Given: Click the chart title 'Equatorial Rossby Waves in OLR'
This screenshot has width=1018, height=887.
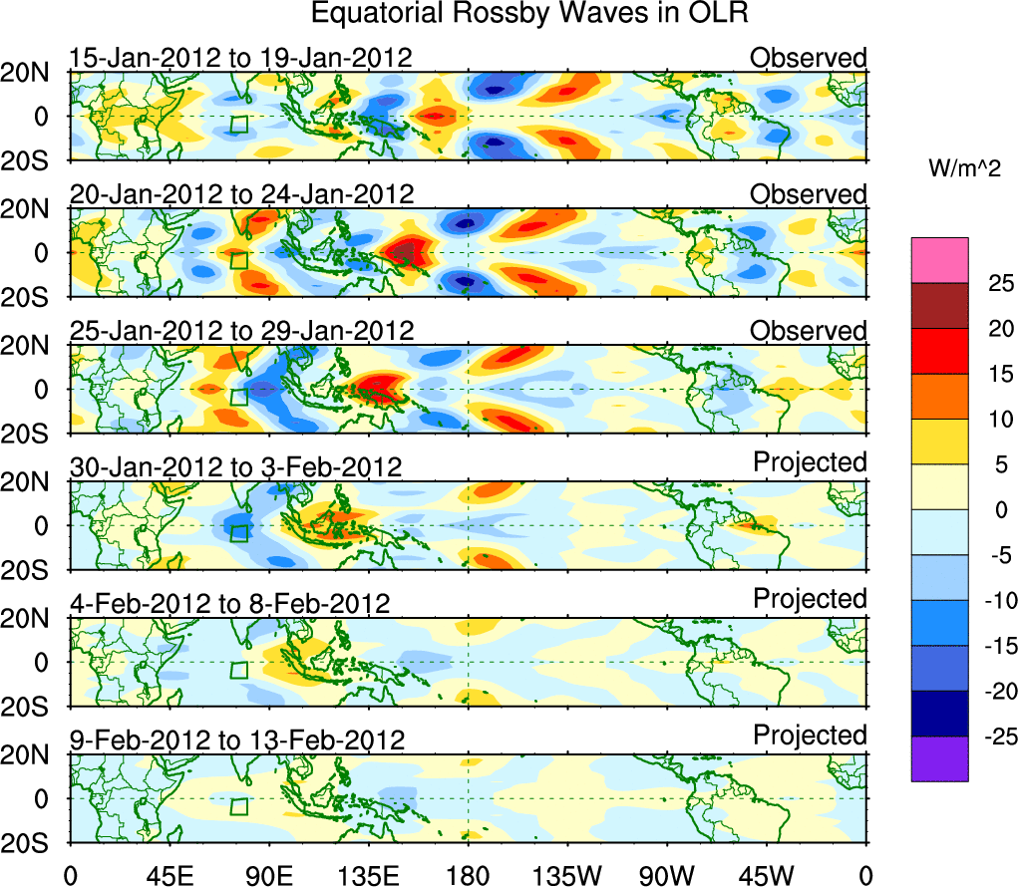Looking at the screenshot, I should [529, 15].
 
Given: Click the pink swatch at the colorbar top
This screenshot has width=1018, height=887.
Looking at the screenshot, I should [939, 260].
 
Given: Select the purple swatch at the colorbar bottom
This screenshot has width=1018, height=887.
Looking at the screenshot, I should [939, 758].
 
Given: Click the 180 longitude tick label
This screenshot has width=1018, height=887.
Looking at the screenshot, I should [467, 874].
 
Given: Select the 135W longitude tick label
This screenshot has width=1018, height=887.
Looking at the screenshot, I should [565, 874].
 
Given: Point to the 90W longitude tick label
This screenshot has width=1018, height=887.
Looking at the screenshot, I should [665, 874].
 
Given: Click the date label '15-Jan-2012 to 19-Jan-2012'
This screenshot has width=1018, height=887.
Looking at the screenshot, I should [240, 58].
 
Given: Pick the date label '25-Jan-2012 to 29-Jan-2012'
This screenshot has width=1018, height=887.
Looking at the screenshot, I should [240, 331].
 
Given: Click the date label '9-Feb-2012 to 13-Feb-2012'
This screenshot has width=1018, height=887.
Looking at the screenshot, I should [237, 740].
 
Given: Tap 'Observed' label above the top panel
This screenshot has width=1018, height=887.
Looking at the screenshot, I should [809, 58].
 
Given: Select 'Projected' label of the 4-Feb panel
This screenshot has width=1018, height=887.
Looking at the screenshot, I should [810, 599].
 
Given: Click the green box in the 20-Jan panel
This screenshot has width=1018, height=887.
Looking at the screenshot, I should [238, 260].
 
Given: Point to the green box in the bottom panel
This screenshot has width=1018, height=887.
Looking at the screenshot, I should [238, 806].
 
